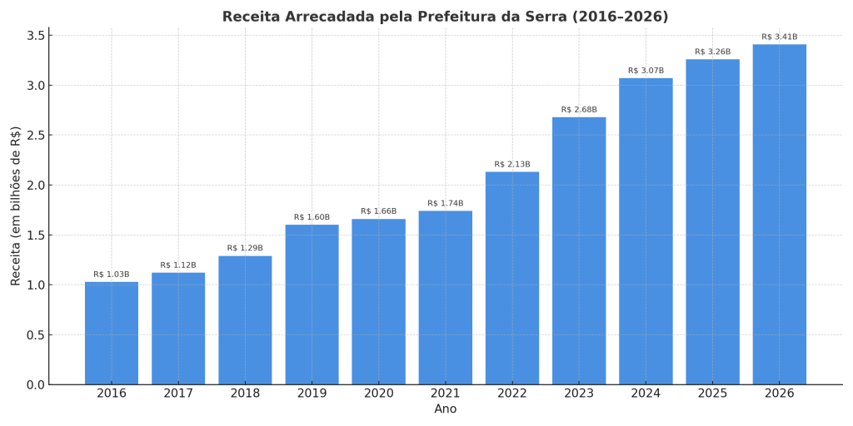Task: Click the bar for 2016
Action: [x=112, y=333]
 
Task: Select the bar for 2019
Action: [x=312, y=305]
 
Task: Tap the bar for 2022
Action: [x=512, y=278]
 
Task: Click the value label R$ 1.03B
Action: [x=112, y=275]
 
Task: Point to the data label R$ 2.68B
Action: [x=579, y=110]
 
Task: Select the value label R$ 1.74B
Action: [x=446, y=204]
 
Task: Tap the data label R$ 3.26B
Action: [x=712, y=52]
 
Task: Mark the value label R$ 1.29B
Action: [x=245, y=248]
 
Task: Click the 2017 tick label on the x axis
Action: [x=178, y=394]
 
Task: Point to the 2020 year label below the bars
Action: [x=378, y=394]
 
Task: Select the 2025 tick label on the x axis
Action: [x=712, y=394]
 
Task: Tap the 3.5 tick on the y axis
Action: [x=36, y=36]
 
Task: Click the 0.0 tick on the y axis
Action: [x=36, y=384]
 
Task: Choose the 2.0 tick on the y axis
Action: [x=36, y=186]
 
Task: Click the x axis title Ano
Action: [x=446, y=409]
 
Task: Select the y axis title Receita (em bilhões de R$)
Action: [x=16, y=206]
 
